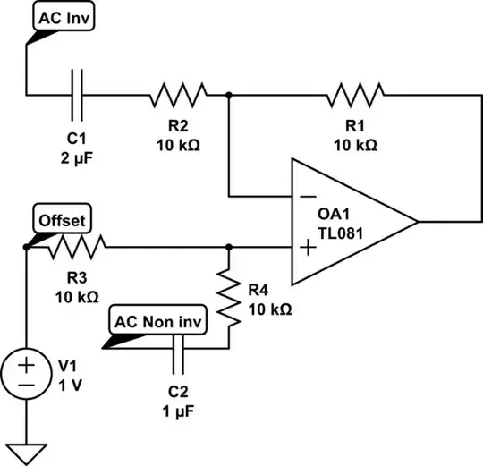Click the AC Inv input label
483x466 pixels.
click(66, 16)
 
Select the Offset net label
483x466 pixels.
click(62, 219)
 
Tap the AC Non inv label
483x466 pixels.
click(157, 319)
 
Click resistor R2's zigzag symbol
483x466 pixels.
click(178, 92)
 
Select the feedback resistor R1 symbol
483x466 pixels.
click(356, 92)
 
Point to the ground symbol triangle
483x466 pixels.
click(26, 452)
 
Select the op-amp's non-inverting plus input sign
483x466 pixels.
click(306, 247)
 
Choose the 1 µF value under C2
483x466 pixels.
click(179, 412)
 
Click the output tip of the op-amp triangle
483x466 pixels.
click(417, 220)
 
